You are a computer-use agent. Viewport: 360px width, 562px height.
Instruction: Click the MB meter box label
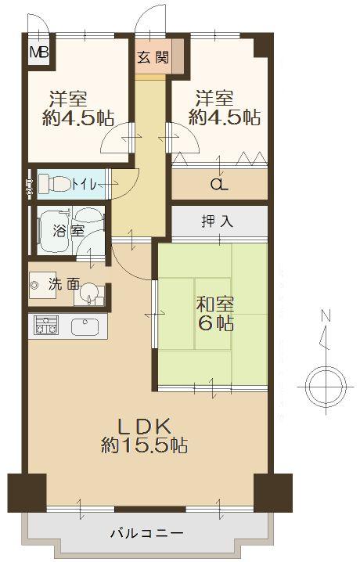(x=38, y=54)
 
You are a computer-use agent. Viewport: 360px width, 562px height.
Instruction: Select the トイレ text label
(x=84, y=185)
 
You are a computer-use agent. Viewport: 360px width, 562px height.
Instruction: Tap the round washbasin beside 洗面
(x=89, y=295)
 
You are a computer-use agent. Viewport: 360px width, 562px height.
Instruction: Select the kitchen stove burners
(x=45, y=326)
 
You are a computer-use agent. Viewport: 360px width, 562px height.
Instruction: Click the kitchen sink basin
(x=85, y=326)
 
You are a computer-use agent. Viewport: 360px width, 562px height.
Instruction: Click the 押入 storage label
(x=218, y=222)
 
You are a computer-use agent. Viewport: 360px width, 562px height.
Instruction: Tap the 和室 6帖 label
(x=214, y=313)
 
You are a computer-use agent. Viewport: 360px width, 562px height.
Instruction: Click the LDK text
(x=144, y=427)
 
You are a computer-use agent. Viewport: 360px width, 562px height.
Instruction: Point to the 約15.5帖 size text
(x=144, y=446)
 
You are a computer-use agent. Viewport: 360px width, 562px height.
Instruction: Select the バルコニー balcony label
(x=146, y=534)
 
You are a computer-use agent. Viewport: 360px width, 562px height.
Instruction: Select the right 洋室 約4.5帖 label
(x=224, y=108)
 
